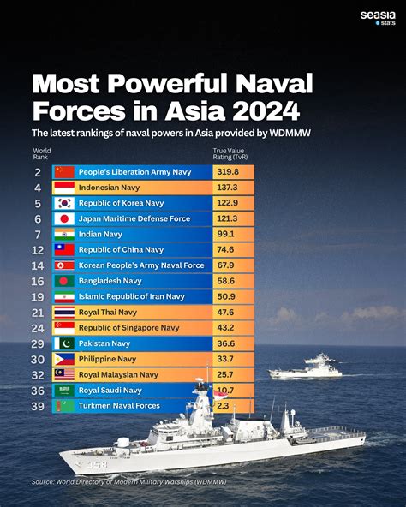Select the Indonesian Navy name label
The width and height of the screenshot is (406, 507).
(110, 188)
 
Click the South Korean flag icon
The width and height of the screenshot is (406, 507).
(64, 203)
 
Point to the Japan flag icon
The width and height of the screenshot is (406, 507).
(64, 218)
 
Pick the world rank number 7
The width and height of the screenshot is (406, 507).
(39, 234)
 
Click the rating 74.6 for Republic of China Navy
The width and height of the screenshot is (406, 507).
(225, 249)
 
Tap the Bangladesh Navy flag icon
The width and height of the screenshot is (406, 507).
(64, 280)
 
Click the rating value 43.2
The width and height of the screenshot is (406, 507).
(225, 327)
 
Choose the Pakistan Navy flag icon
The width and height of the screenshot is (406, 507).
(64, 343)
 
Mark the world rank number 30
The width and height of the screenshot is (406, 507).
(39, 358)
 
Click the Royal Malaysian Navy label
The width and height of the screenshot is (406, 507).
(119, 374)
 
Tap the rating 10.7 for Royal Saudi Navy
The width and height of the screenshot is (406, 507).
(225, 390)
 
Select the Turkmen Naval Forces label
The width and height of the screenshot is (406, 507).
(118, 405)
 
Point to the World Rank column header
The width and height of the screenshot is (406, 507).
(41, 154)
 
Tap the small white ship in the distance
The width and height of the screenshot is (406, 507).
(307, 367)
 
